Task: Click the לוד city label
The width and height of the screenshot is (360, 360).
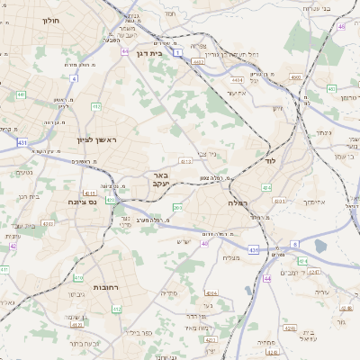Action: click(x=269, y=161)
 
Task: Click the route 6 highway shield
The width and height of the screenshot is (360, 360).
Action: click(x=293, y=244)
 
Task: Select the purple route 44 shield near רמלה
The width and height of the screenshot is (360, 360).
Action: click(x=266, y=279)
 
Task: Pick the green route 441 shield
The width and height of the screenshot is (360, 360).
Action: click(x=20, y=94)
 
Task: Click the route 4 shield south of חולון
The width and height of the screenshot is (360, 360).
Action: click(x=74, y=78)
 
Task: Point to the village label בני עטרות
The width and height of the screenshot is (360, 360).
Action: click(x=338, y=7)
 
